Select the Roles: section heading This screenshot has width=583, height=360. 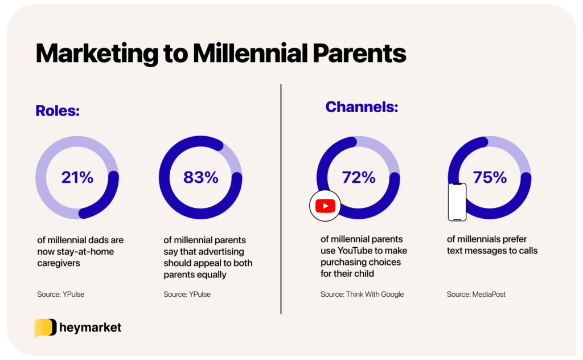coord(58,110)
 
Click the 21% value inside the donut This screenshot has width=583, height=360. coord(77,178)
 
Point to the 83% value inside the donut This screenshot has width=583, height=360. coord(200,178)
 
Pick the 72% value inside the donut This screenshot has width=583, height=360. coord(359,178)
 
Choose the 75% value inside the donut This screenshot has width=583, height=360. coord(490,178)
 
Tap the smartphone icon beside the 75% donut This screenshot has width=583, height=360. coord(457,202)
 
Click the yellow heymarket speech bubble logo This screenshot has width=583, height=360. coord(45,328)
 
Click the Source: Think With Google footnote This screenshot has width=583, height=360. coord(362,294)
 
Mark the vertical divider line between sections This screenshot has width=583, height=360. coord(281,199)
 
